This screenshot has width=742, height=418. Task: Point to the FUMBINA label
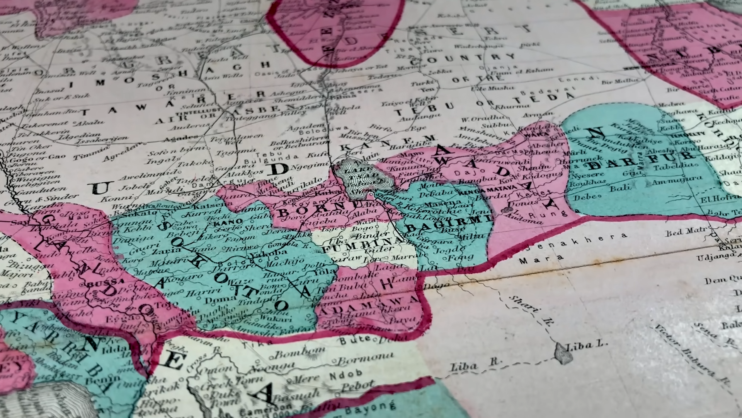[x=363, y=245]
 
